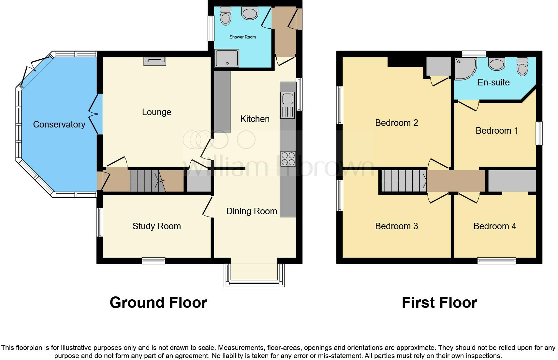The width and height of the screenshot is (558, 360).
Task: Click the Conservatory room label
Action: pos(59,124)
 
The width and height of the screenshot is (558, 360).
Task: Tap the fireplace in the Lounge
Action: pos(154,61)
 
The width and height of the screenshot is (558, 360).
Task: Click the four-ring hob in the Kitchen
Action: pos(288,159)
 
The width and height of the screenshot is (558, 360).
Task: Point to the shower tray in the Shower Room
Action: pos(227,58)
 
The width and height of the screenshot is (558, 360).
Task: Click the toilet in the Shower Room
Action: pos(225,16)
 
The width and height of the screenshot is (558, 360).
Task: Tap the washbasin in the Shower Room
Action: pos(249,13)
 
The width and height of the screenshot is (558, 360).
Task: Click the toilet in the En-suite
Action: pos(522,67)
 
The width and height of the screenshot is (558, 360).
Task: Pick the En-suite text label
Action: pos(493,82)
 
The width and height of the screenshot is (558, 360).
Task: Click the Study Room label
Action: pos(156,226)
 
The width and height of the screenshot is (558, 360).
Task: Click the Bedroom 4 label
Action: pos(494,226)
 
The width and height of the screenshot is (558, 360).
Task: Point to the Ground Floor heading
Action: pos(158,302)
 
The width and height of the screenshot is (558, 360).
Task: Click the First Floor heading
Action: pos(439,302)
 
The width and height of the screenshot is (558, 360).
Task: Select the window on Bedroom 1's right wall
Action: pos(539,133)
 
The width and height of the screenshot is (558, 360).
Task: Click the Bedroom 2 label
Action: pos(396,123)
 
